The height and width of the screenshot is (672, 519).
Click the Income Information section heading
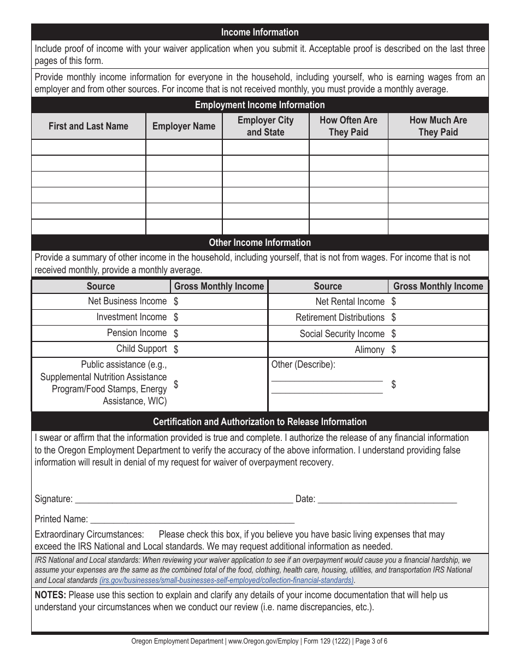(x=259, y=32)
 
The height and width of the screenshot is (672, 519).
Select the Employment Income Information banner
(x=259, y=105)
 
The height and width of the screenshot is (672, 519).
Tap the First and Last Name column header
(x=89, y=126)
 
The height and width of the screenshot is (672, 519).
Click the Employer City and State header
(x=266, y=126)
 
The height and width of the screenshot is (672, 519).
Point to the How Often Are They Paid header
(x=348, y=126)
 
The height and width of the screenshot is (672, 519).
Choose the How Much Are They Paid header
(x=438, y=126)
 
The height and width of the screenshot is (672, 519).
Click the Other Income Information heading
(x=259, y=243)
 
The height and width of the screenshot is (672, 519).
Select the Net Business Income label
(x=127, y=301)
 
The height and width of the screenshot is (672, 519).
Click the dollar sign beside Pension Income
(x=176, y=333)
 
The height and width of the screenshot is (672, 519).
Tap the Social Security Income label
(x=342, y=334)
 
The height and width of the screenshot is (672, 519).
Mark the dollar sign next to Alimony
(x=394, y=350)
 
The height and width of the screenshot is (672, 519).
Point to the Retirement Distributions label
(x=340, y=317)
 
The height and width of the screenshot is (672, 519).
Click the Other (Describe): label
(x=303, y=364)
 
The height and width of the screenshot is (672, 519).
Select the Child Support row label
(x=141, y=349)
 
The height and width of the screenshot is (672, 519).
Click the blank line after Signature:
(x=183, y=499)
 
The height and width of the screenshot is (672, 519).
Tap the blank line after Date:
(x=387, y=499)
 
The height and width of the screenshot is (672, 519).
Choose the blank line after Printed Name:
(x=192, y=520)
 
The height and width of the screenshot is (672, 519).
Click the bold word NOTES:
(x=50, y=595)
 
